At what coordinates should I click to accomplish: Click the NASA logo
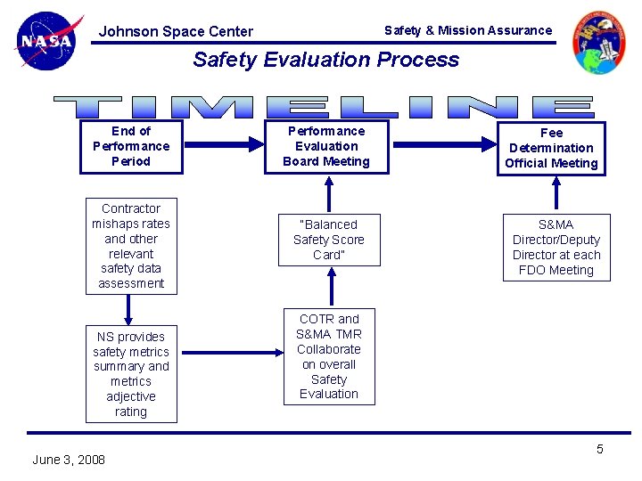[48, 41]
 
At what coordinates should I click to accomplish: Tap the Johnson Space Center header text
[176, 31]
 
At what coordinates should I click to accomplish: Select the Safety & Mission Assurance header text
[468, 30]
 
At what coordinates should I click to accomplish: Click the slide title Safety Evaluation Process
[325, 60]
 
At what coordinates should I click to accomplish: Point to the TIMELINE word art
[325, 107]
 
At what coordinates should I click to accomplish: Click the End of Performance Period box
[131, 146]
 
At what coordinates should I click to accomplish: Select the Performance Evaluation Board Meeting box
[326, 146]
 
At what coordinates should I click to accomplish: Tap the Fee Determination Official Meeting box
[551, 148]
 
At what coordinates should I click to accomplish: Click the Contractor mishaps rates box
[131, 246]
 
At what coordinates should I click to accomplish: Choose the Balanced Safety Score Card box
[328, 240]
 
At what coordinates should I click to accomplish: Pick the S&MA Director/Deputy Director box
[556, 247]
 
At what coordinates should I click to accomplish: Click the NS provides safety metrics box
[131, 374]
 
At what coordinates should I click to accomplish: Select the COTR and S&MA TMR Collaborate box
[329, 356]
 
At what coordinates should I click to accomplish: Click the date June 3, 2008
[69, 460]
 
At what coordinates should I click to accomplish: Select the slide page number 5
[599, 449]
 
